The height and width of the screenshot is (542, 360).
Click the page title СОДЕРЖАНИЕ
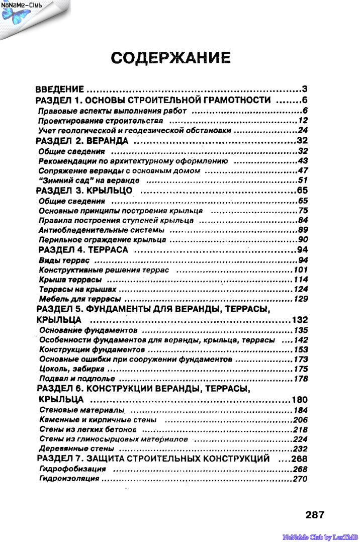(171, 58)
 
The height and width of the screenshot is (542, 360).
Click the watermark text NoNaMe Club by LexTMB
(320, 537)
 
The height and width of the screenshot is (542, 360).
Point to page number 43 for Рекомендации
(302, 161)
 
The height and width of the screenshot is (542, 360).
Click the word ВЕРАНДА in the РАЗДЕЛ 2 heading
(109, 141)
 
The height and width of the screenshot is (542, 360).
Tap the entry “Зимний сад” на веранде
(88, 180)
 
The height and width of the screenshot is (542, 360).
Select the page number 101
(300, 270)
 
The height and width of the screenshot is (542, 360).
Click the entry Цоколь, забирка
(70, 369)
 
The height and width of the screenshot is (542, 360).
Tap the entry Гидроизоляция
(69, 479)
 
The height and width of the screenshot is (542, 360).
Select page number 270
(300, 479)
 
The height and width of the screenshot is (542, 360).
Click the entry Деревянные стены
(76, 448)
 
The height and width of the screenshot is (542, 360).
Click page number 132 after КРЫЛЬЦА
(300, 320)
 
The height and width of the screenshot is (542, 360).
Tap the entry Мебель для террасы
(79, 299)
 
